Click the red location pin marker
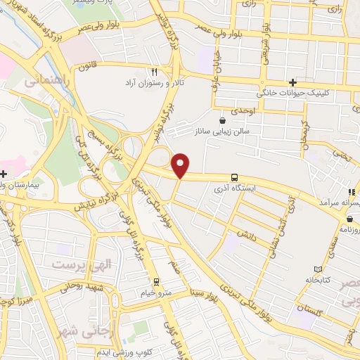(x=181, y=165)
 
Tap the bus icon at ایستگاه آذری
(x=234, y=177)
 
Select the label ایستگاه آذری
(x=235, y=189)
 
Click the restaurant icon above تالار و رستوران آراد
(x=154, y=72)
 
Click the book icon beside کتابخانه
(x=318, y=269)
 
